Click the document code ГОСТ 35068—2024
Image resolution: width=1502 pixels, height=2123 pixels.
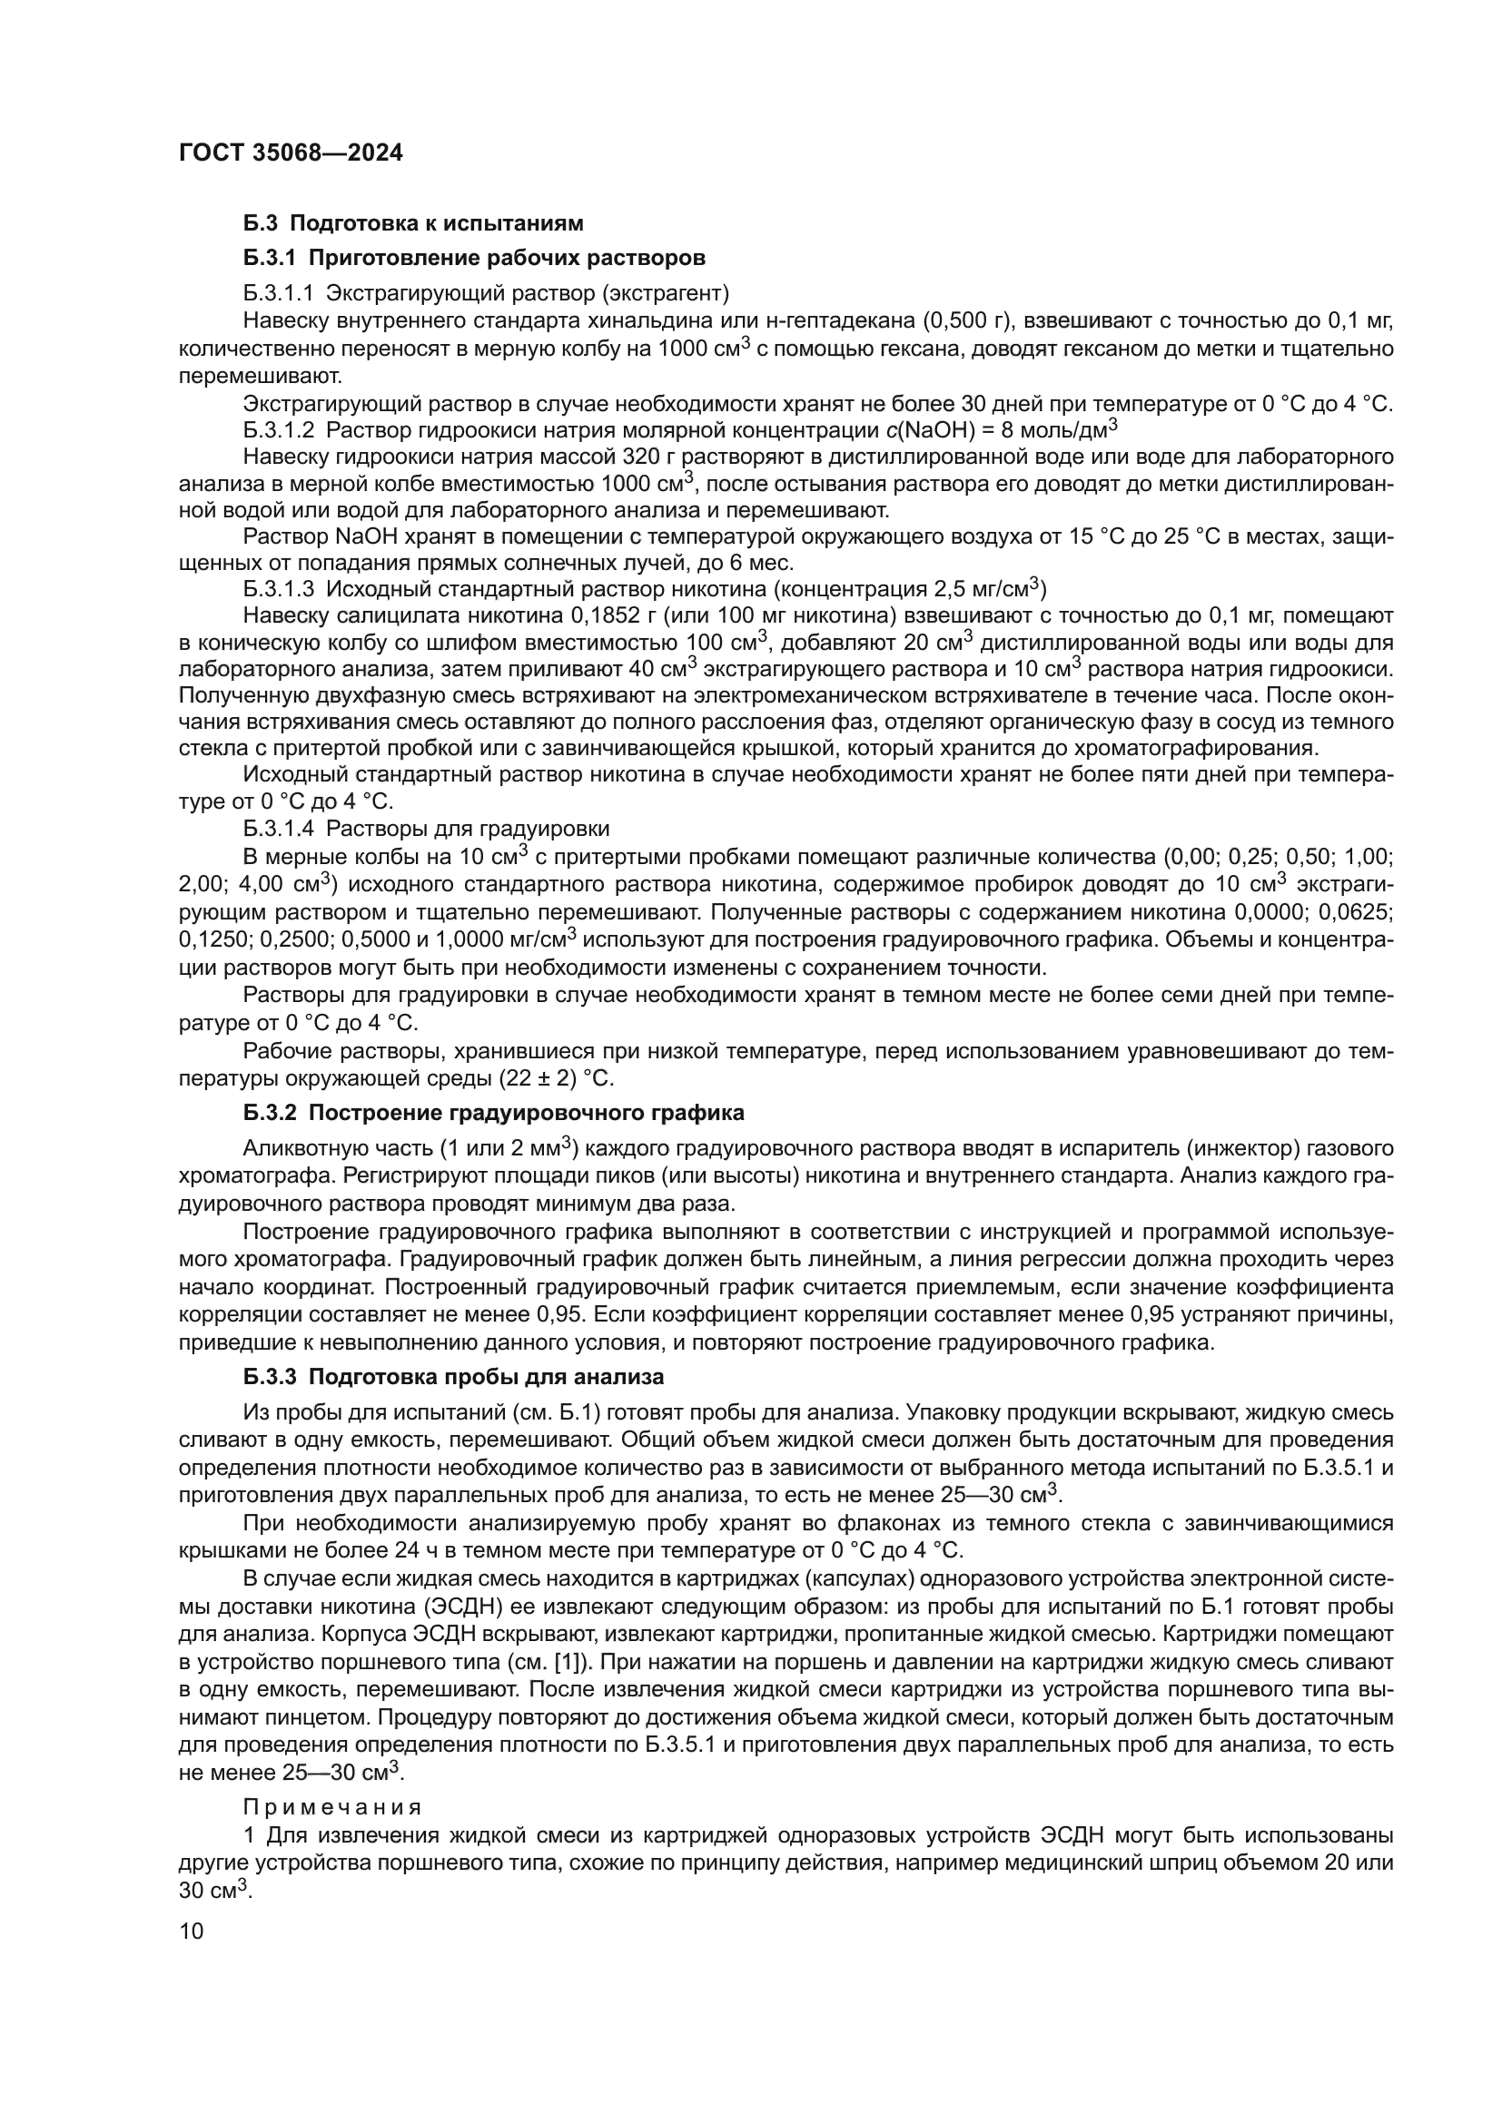pos(291,153)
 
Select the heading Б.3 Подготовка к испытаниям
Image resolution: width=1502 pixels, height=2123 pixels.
pos(413,223)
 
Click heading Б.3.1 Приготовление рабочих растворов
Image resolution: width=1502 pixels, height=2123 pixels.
pos(474,258)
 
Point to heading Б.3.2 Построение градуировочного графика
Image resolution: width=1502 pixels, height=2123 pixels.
pos(494,1113)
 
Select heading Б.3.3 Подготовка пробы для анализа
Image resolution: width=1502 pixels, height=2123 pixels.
pos(453,1377)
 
